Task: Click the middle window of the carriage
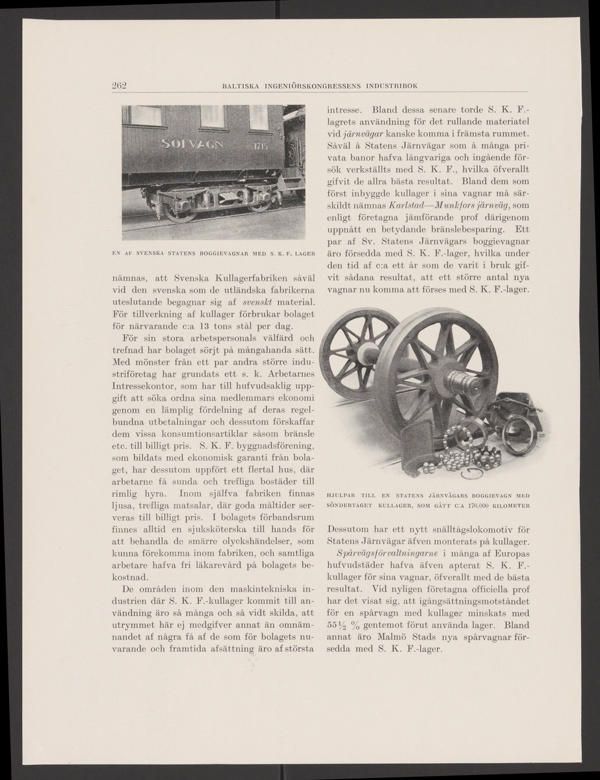[x=212, y=116]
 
